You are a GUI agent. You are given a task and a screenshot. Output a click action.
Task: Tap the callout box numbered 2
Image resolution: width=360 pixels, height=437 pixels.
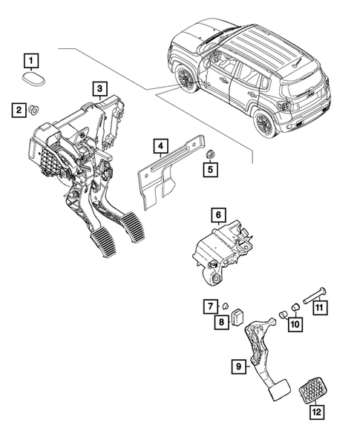click(x=16, y=111)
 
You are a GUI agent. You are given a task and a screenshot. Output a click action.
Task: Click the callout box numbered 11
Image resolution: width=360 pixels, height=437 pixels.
click(x=211, y=305)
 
